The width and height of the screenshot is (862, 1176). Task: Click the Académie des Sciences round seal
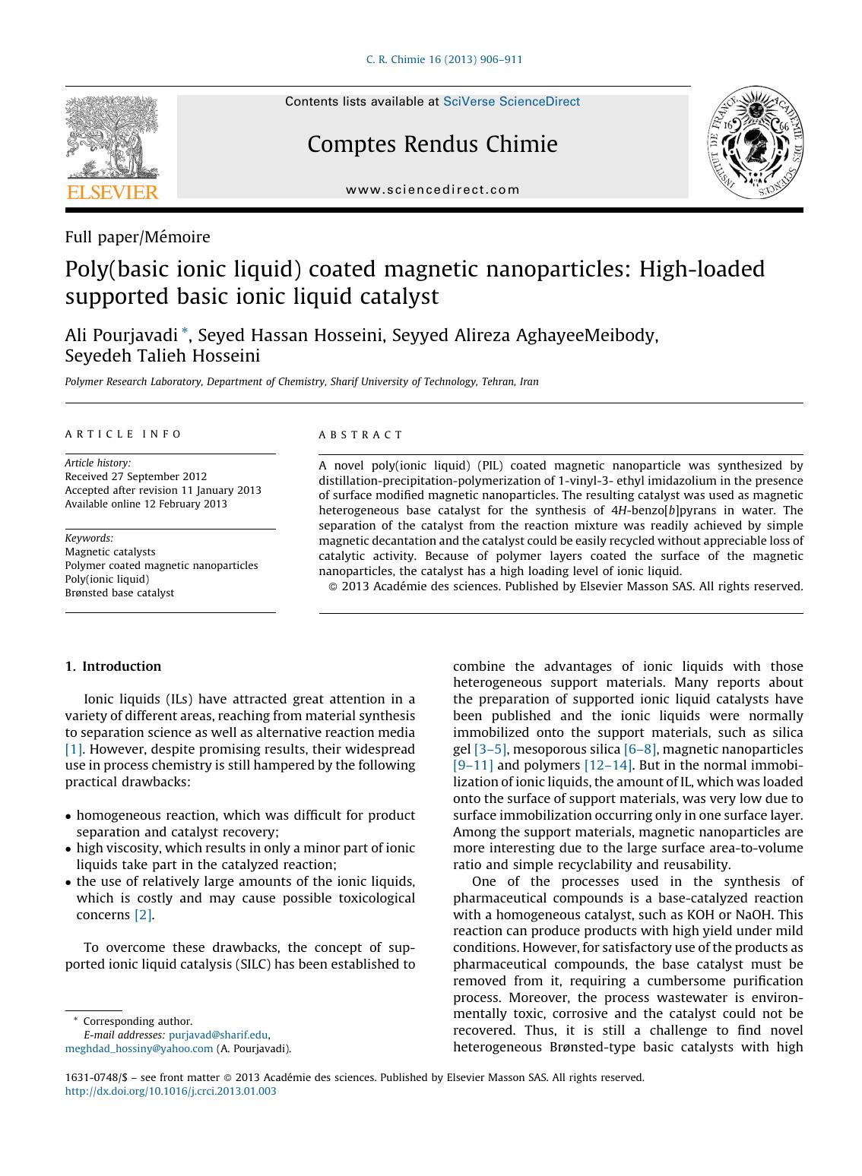click(756, 143)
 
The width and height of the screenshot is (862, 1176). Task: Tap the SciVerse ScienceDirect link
click(511, 102)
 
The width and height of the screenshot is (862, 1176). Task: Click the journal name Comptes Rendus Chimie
click(432, 144)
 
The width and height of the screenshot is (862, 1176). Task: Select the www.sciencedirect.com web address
click(433, 190)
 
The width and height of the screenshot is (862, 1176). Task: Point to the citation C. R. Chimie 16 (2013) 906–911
click(444, 60)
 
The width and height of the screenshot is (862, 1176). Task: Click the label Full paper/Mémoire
click(138, 237)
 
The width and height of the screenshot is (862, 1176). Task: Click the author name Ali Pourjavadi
click(122, 334)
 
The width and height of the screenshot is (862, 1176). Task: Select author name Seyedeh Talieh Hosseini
click(162, 356)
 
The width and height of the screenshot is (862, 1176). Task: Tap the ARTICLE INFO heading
click(123, 435)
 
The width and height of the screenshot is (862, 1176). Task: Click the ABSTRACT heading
click(360, 435)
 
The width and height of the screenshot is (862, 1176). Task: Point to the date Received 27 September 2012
click(135, 476)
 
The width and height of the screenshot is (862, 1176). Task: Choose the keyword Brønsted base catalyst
click(119, 593)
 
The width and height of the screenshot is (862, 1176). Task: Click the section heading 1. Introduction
click(113, 666)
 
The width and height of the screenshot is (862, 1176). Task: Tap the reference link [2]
click(143, 915)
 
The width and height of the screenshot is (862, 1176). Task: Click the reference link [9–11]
click(473, 765)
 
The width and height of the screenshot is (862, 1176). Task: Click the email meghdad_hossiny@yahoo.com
click(139, 1048)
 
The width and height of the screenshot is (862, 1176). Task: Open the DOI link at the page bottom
click(171, 1091)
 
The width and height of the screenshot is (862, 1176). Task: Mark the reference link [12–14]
click(607, 765)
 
